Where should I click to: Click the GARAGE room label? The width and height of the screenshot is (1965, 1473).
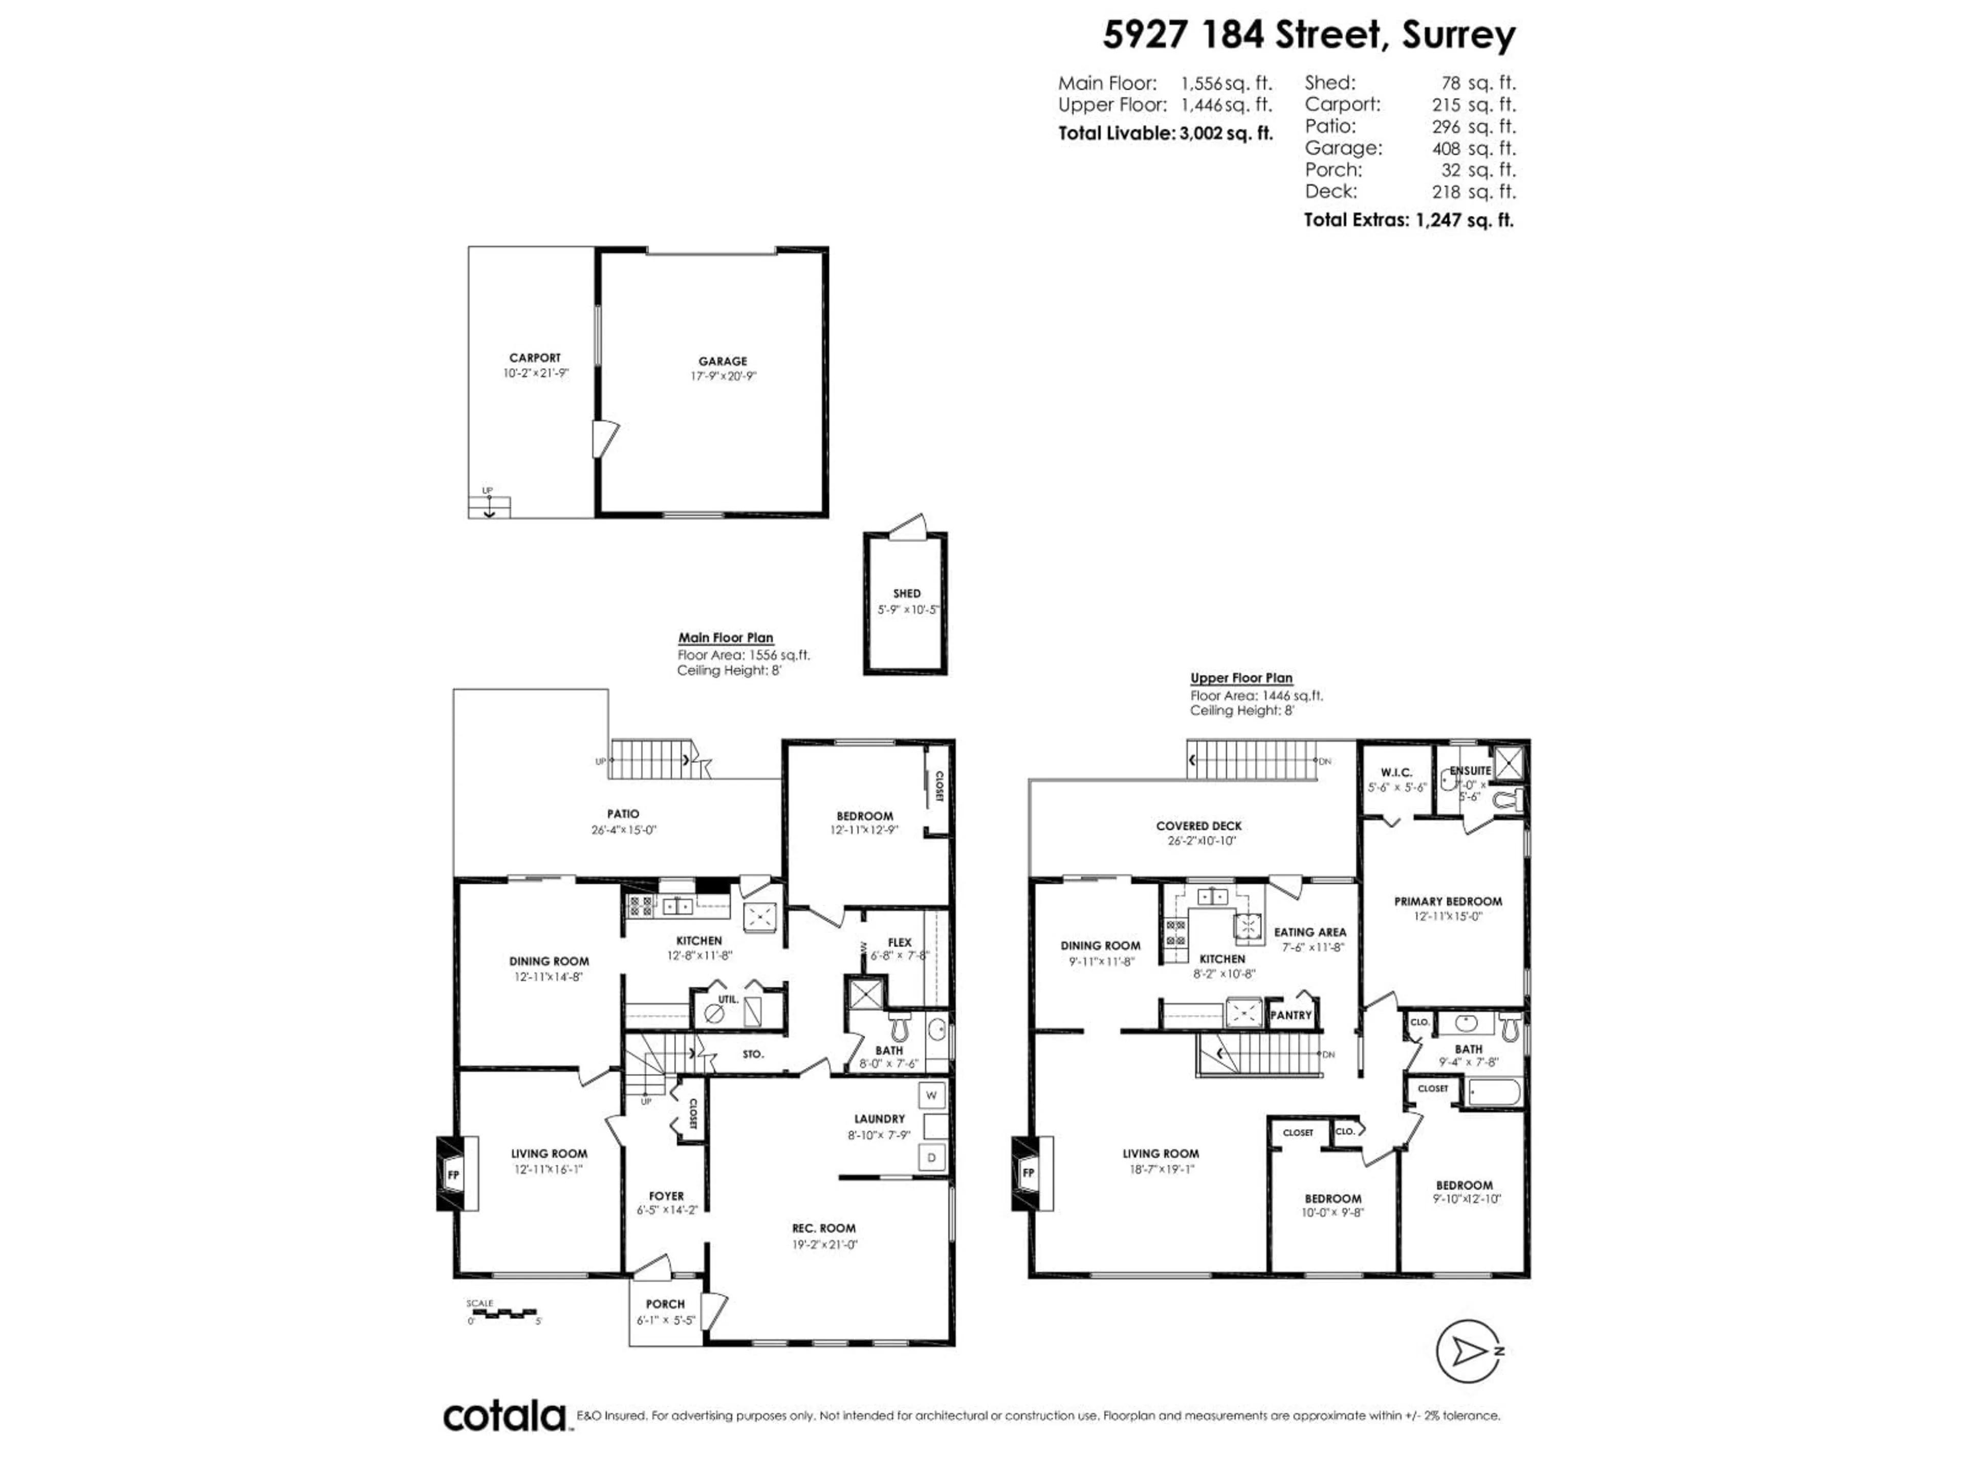tap(722, 362)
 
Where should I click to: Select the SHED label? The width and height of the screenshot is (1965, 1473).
tap(906, 593)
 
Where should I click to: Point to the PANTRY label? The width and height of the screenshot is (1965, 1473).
tap(1290, 1015)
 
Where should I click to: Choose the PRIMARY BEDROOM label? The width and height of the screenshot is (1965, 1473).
tap(1447, 901)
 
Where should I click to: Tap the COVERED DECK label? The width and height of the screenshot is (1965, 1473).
tap(1198, 825)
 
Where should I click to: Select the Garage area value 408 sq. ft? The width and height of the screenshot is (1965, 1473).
tap(1473, 148)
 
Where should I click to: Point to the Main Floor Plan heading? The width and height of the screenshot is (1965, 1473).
tap(725, 637)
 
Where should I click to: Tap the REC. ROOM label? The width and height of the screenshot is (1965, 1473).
tap(823, 1228)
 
